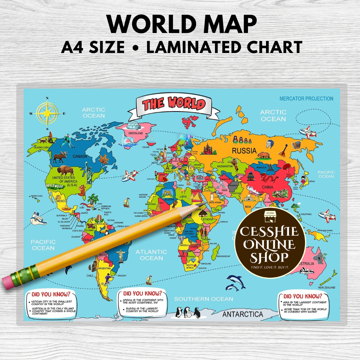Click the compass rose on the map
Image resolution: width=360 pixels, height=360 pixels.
point(48,113)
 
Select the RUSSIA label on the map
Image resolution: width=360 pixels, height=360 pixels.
point(244,151)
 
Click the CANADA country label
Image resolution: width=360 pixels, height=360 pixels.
point(79,156)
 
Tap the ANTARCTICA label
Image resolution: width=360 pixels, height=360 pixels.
point(243,314)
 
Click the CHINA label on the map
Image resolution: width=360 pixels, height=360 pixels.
point(267,187)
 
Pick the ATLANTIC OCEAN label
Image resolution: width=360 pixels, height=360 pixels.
point(151,255)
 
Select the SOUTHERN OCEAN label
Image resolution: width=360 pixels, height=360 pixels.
point(203,299)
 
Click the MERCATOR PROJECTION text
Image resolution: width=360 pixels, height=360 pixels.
point(306,99)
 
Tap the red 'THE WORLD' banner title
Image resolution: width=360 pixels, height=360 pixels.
point(174,103)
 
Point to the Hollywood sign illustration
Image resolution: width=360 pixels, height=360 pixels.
point(55,185)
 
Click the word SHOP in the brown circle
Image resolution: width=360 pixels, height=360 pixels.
point(270,258)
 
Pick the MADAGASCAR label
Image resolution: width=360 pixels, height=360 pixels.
point(223,256)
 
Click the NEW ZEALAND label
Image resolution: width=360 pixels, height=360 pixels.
point(327,287)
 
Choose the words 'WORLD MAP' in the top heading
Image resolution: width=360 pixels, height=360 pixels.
point(182,24)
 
